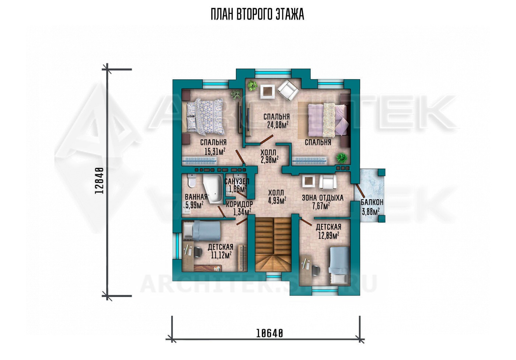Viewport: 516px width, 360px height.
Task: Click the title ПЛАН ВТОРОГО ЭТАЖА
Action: click(x=258, y=15)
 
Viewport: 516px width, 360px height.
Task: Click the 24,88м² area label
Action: click(x=278, y=125)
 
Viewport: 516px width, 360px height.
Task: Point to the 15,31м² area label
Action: click(x=215, y=152)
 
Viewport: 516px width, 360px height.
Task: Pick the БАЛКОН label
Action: click(x=372, y=202)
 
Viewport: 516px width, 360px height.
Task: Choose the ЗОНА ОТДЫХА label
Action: click(x=322, y=198)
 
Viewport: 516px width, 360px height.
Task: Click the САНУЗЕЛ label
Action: click(x=237, y=181)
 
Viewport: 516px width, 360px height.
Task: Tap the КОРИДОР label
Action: click(x=239, y=204)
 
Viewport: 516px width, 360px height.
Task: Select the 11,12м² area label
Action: click(x=220, y=255)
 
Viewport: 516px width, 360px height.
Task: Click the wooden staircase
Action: click(x=273, y=245)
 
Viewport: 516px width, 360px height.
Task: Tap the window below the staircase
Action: click(x=274, y=276)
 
